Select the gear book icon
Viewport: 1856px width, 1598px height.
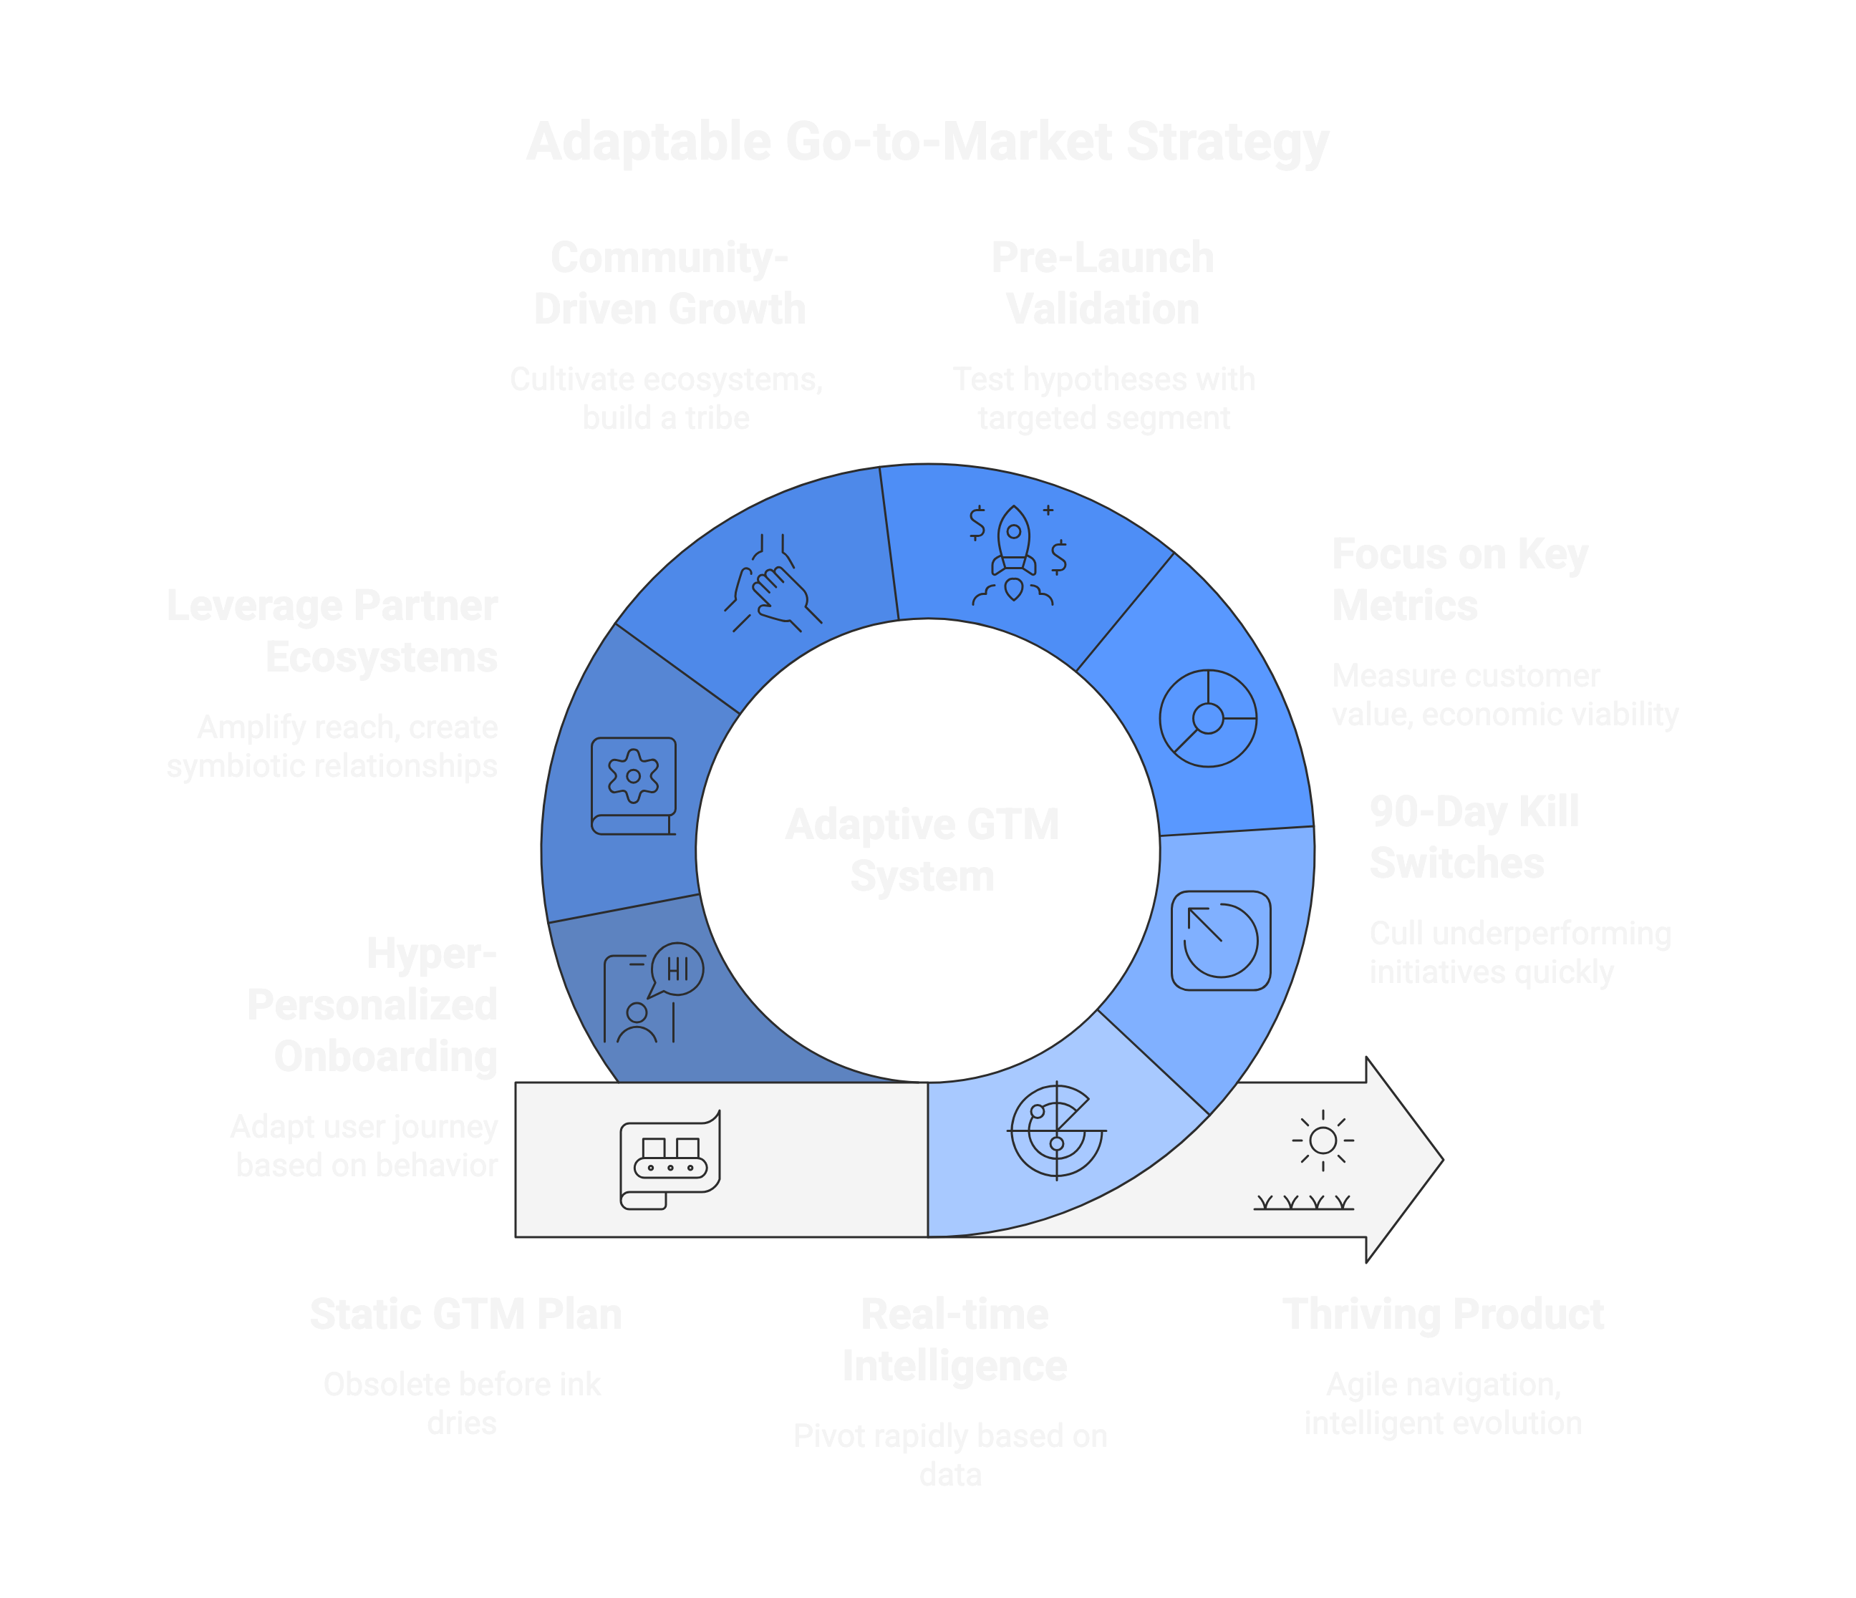click(633, 785)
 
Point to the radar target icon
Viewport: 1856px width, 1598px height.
click(1057, 1130)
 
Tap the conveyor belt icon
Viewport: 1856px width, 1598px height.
click(670, 1160)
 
